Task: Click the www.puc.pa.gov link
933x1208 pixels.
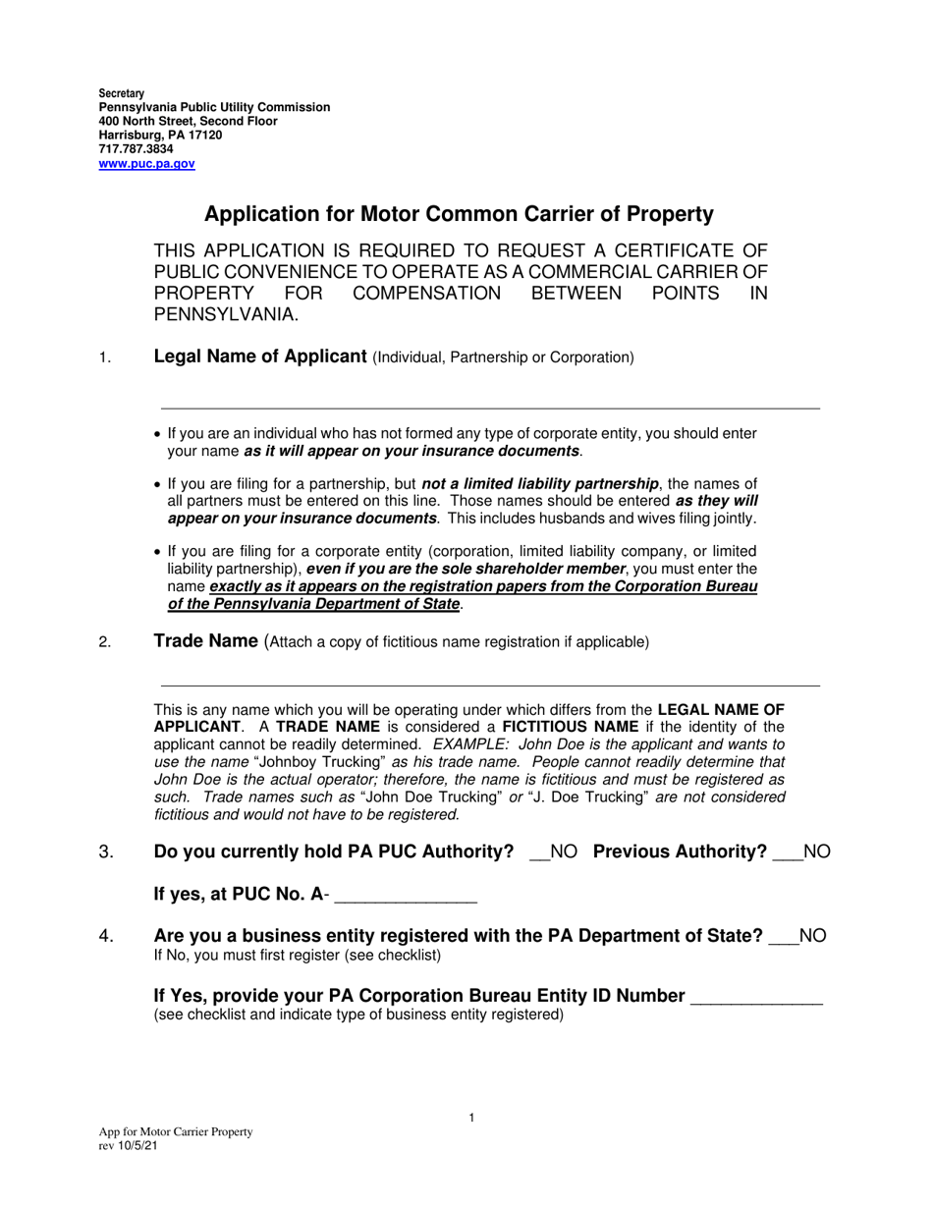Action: coord(146,164)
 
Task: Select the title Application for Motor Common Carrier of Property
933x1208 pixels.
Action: coord(459,214)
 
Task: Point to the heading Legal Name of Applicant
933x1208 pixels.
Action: coord(260,357)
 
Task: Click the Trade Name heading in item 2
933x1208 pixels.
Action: coord(205,641)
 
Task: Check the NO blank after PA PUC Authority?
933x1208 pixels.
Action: coord(539,852)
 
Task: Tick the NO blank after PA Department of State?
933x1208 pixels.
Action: coord(784,937)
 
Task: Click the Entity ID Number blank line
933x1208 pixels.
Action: coord(756,997)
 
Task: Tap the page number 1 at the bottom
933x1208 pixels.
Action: coord(471,1118)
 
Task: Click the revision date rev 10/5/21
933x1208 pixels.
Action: coord(127,1145)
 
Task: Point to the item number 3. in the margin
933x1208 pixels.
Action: coord(107,852)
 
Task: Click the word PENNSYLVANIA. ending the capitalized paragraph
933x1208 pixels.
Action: coord(226,315)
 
